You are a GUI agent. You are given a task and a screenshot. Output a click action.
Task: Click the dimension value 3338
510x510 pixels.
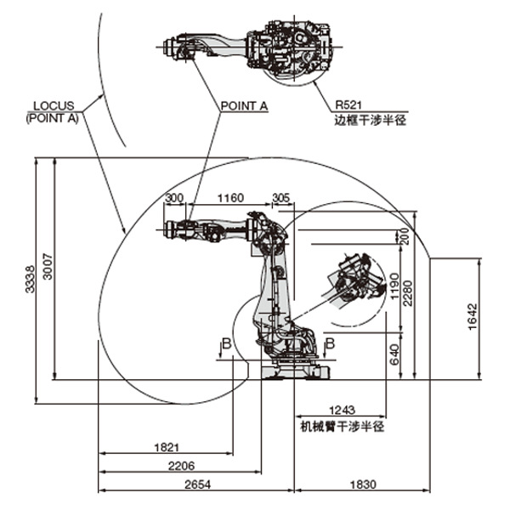(30, 280)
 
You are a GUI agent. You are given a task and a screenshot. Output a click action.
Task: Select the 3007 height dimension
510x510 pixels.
(48, 266)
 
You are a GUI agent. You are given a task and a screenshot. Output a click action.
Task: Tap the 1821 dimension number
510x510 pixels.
(167, 448)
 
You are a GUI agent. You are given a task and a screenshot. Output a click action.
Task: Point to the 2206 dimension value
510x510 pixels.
(181, 466)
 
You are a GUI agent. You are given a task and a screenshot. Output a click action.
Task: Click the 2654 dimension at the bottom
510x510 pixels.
(197, 484)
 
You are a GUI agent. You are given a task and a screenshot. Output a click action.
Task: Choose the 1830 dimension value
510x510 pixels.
(363, 484)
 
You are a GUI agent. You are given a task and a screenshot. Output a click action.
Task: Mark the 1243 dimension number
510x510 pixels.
(342, 411)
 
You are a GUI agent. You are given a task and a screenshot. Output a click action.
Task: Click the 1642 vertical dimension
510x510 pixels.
(473, 317)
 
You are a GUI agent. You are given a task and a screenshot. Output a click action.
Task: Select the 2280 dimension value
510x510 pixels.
(407, 293)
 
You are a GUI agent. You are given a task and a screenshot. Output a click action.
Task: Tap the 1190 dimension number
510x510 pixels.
(394, 286)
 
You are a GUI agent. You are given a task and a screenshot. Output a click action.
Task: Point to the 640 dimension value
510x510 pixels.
(394, 354)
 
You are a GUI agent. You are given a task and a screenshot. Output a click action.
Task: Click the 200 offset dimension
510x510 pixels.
(404, 236)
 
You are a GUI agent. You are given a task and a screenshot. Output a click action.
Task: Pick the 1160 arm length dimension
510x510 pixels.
(230, 198)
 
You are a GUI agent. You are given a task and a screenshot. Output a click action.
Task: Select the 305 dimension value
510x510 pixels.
(281, 198)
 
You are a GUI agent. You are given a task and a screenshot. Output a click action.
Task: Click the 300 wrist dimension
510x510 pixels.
(174, 198)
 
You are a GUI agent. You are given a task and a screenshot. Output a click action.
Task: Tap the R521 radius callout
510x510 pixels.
(348, 105)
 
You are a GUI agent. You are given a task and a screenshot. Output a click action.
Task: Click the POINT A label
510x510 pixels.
(244, 105)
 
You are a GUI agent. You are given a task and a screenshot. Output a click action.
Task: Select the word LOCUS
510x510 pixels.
(54, 105)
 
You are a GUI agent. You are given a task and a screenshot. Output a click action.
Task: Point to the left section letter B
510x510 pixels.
(227, 343)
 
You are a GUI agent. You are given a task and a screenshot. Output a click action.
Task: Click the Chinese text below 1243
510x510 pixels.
(342, 427)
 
